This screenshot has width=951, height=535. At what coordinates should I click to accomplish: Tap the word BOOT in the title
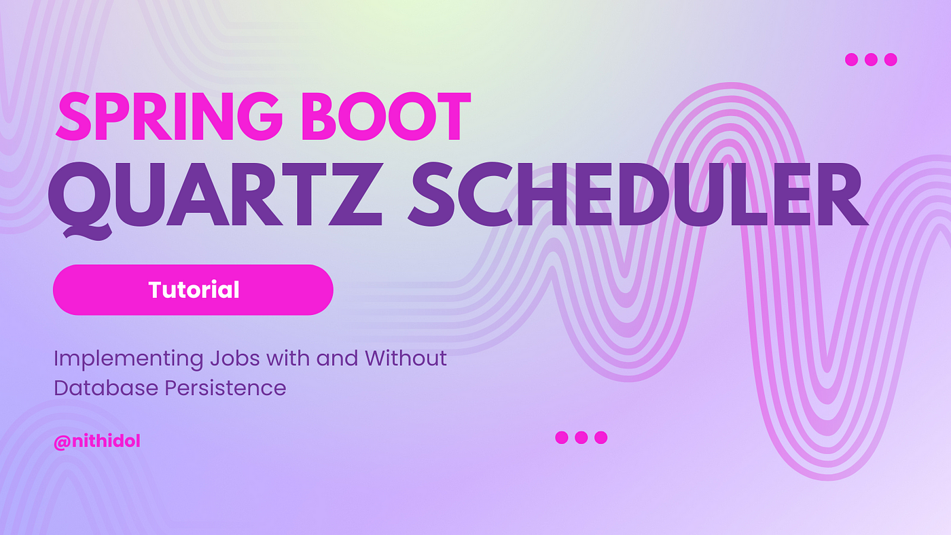coord(386,116)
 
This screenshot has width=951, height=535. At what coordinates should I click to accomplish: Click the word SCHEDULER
coord(638,194)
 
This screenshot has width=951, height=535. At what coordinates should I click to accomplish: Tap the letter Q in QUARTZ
coord(80,200)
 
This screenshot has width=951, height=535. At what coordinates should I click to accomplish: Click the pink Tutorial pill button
coord(193,290)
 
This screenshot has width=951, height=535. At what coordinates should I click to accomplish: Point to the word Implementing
coord(128,359)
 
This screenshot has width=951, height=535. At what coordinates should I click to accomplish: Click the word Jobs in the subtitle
coord(235,358)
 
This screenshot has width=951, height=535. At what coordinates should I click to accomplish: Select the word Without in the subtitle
coord(406,358)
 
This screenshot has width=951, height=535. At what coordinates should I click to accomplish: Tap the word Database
coord(106,388)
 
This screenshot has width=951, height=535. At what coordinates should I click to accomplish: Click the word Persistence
coord(226,388)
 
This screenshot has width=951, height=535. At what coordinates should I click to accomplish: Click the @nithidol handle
coord(96,441)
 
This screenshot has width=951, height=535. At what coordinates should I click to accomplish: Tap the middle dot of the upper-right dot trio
coord(871,59)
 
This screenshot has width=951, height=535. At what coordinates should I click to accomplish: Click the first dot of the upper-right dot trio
coord(852,59)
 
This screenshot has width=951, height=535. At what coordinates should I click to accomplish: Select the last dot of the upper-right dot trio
coord(891,59)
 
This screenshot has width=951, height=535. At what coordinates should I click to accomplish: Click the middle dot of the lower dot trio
coord(581,437)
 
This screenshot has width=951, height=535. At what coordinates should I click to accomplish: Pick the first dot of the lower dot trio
coord(562,437)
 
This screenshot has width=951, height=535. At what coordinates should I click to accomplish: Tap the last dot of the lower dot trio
coord(600,437)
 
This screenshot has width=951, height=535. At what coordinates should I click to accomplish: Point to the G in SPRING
coord(259,116)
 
